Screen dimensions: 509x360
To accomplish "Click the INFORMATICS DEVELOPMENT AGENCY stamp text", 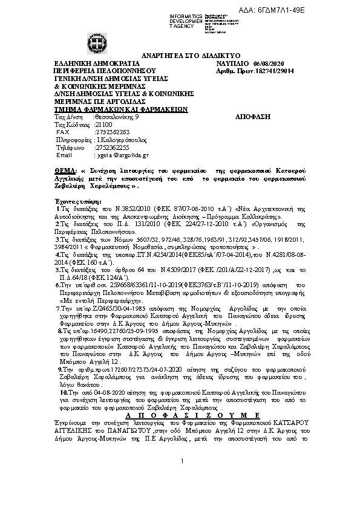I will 186,19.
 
